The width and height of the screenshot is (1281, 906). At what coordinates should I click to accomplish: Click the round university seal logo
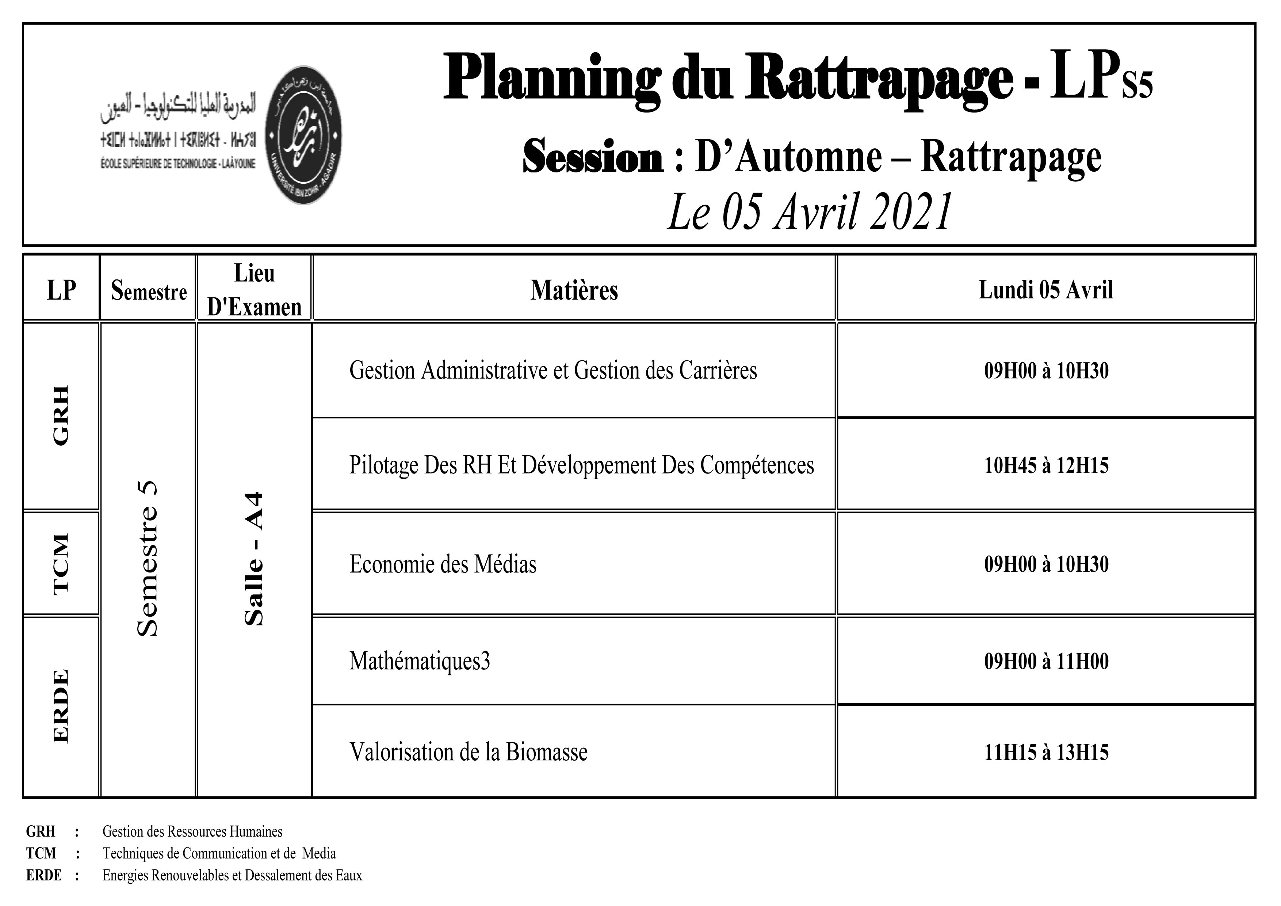click(303, 135)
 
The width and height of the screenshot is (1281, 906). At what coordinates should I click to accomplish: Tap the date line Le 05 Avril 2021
click(809, 212)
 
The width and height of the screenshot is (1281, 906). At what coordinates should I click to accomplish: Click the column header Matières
click(574, 290)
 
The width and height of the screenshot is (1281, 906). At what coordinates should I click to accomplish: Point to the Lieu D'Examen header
click(255, 290)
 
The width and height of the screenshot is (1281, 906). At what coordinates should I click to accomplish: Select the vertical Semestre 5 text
click(148, 558)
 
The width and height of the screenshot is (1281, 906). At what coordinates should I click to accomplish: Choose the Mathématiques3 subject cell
click(420, 661)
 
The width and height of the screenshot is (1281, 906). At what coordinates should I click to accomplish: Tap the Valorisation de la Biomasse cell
click(468, 752)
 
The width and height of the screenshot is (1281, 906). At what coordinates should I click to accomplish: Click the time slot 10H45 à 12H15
click(1046, 465)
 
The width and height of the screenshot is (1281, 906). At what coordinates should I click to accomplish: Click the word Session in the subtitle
click(593, 157)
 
